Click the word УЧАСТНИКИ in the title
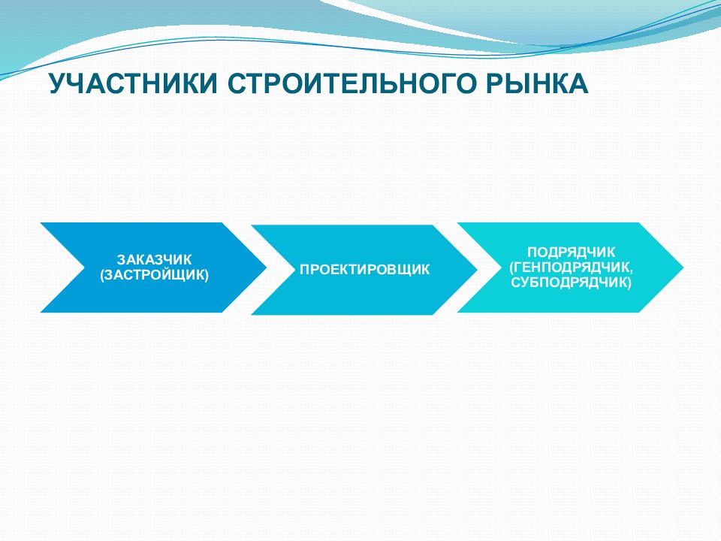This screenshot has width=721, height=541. coord(133,83)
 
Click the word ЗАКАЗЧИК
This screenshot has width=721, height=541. coord(154,260)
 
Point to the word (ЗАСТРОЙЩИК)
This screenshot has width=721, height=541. coord(154,275)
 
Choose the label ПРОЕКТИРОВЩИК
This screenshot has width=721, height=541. coord(365,270)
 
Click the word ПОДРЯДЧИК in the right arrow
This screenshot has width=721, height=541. coord(571,252)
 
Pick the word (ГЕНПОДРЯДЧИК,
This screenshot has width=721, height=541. coord(571,267)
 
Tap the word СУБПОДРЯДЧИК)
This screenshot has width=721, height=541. coord(571,282)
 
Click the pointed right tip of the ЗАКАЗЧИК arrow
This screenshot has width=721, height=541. coord(267,267)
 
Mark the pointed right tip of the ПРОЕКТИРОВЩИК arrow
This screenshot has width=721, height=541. coord(478,270)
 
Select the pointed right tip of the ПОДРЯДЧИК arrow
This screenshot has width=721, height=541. coord(683,267)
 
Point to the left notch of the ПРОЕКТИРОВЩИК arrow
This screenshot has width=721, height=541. coord(295,270)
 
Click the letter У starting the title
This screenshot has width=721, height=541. coord(59,83)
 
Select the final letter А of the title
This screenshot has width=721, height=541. coord(578,83)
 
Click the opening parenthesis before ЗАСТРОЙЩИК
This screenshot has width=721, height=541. coord(103,275)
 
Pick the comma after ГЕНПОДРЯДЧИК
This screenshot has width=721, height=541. coord(630,270)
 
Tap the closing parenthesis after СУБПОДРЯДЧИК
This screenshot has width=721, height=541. coord(629,283)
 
